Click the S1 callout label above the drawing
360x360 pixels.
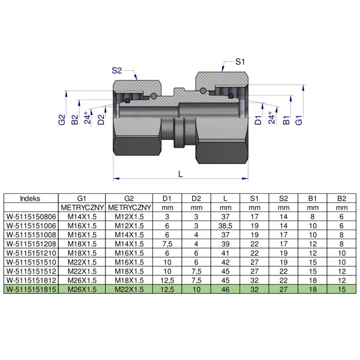241,61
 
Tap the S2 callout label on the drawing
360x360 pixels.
117,70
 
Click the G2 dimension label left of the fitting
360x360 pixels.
62,120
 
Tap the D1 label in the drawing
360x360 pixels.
258,120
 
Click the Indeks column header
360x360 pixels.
31,198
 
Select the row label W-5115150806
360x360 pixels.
31,216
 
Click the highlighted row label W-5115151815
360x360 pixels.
31,289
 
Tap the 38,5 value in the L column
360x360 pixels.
225,225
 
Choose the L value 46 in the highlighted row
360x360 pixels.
225,289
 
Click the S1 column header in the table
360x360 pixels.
254,198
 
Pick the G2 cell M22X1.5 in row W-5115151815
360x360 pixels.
129,289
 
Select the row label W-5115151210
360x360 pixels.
31,252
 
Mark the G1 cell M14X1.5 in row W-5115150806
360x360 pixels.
82,216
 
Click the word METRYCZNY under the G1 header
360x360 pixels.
82,207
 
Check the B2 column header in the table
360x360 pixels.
342,198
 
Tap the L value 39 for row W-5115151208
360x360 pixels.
225,243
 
